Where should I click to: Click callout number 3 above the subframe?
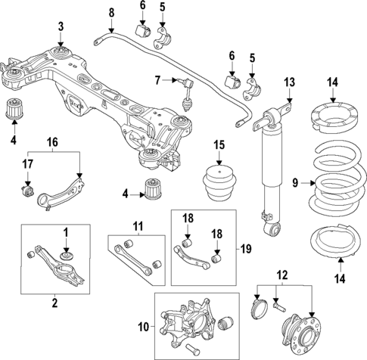point(61,28)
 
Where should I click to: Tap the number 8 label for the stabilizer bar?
point(111,12)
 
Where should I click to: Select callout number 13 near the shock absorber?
point(288,82)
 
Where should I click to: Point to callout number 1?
point(66,231)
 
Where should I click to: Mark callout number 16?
point(52,141)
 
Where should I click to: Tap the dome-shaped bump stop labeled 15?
point(219,181)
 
